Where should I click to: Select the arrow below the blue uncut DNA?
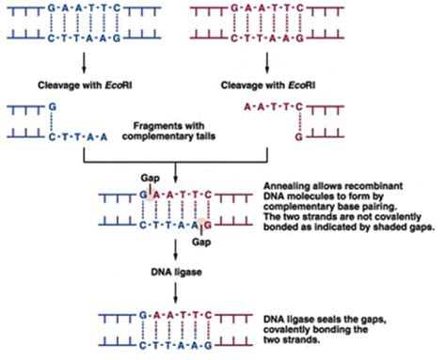87,63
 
